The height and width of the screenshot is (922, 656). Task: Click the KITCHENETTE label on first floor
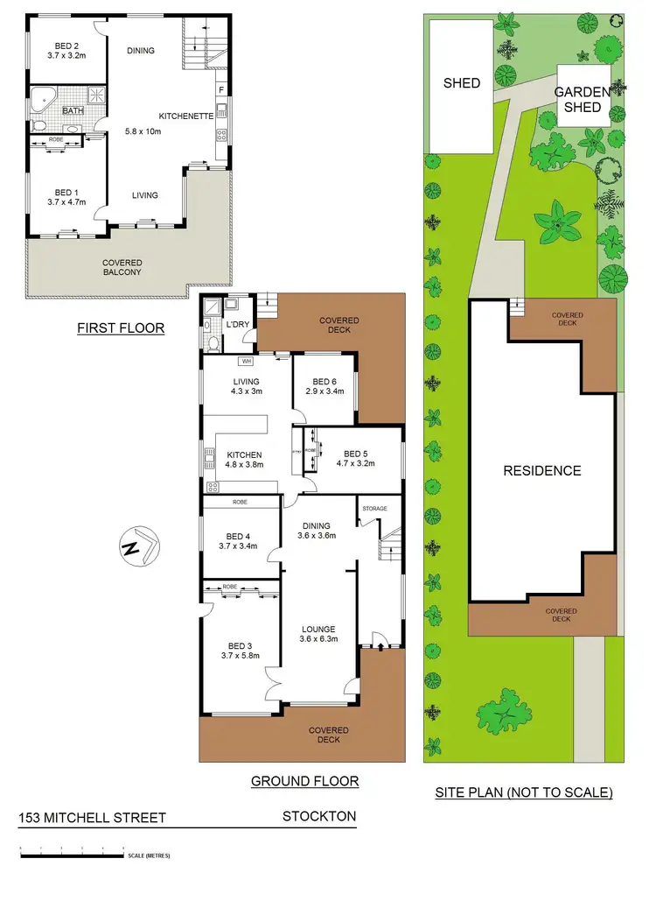click(186, 116)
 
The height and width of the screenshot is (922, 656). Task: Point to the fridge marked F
click(221, 90)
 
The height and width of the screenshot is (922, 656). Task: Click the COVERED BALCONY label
click(122, 267)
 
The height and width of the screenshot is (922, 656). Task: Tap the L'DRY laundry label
click(237, 325)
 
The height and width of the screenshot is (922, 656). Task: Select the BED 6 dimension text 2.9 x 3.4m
click(324, 392)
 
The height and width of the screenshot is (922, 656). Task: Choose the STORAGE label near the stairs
click(380, 509)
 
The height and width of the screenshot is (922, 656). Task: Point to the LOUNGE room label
click(318, 629)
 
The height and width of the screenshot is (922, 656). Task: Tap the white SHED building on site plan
click(461, 83)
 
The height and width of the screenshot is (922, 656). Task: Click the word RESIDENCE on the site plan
click(541, 470)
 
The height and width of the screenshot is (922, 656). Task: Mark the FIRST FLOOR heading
click(121, 328)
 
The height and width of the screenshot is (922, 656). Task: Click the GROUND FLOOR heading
click(304, 781)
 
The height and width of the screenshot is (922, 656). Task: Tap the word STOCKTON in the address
click(318, 816)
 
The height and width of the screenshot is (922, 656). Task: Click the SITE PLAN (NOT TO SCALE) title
click(523, 792)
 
